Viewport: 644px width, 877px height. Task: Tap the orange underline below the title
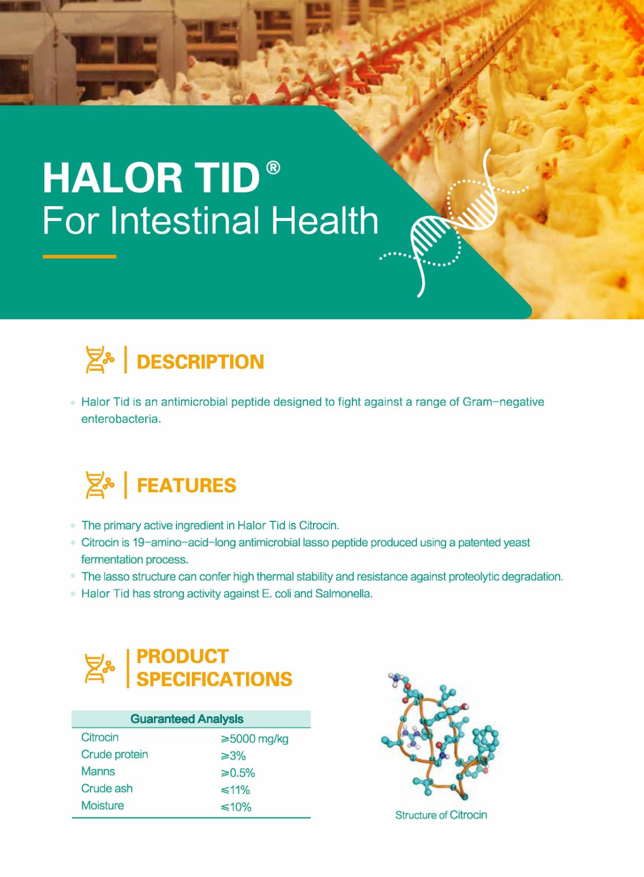click(79, 257)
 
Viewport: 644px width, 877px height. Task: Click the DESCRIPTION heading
click(201, 361)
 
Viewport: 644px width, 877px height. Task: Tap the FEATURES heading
click(187, 486)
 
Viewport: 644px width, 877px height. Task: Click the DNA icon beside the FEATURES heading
click(99, 485)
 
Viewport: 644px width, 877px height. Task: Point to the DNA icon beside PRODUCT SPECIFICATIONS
click(99, 668)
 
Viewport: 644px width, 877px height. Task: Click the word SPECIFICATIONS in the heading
click(214, 679)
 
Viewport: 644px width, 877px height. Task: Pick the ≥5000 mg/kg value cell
click(254, 738)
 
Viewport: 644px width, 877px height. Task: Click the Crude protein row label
click(115, 755)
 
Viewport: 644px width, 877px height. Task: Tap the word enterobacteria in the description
click(121, 419)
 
